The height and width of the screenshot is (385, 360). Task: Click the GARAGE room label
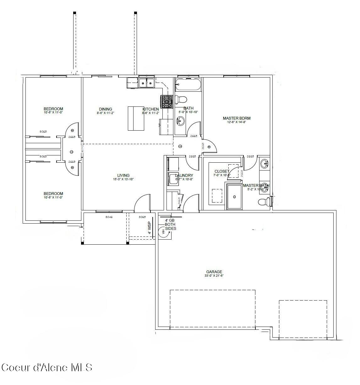pyautogui.click(x=214, y=272)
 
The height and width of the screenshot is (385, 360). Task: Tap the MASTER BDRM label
pyautogui.click(x=237, y=118)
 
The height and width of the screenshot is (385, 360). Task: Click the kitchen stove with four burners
pyautogui.click(x=167, y=101)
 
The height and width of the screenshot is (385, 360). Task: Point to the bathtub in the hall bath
pyautogui.click(x=188, y=85)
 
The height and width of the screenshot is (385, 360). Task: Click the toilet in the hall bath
pyautogui.click(x=181, y=100)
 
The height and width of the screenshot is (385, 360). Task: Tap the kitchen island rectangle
pyautogui.click(x=136, y=118)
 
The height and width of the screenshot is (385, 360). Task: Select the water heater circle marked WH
pyautogui.click(x=163, y=232)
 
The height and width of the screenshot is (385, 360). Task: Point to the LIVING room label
pyautogui.click(x=123, y=176)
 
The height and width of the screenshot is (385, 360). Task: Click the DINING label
pyautogui.click(x=105, y=109)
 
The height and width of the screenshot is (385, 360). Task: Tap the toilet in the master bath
pyautogui.click(x=264, y=202)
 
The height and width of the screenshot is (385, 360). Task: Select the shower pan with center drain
pyautogui.click(x=234, y=197)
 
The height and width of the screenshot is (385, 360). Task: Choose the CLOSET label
pyautogui.click(x=222, y=171)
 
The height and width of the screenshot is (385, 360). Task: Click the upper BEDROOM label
pyautogui.click(x=53, y=109)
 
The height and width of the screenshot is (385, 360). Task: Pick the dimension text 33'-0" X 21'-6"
pyautogui.click(x=214, y=276)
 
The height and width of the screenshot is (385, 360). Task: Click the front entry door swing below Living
pyautogui.click(x=142, y=203)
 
